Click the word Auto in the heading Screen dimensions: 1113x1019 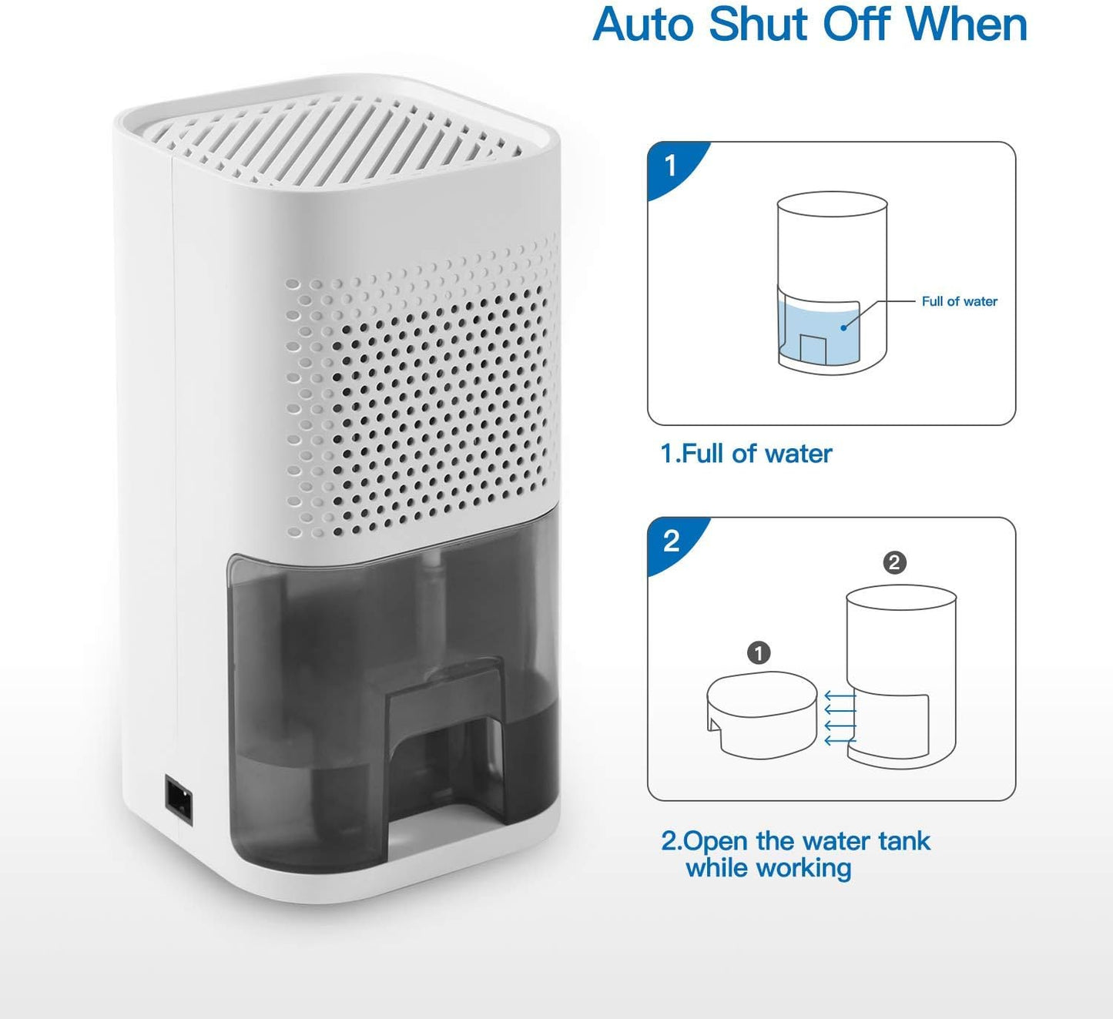click(644, 25)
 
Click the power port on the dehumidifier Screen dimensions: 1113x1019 click(179, 803)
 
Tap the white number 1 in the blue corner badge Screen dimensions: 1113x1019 click(671, 166)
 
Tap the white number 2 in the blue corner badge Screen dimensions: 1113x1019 click(671, 541)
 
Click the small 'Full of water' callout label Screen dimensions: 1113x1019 click(959, 301)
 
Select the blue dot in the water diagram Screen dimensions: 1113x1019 click(843, 328)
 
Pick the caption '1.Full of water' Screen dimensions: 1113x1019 click(746, 454)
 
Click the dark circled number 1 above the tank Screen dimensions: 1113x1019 click(759, 652)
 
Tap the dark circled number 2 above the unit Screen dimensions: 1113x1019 click(894, 563)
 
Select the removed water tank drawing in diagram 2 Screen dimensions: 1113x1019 click(762, 714)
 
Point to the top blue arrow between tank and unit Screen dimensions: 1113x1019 click(840, 695)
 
